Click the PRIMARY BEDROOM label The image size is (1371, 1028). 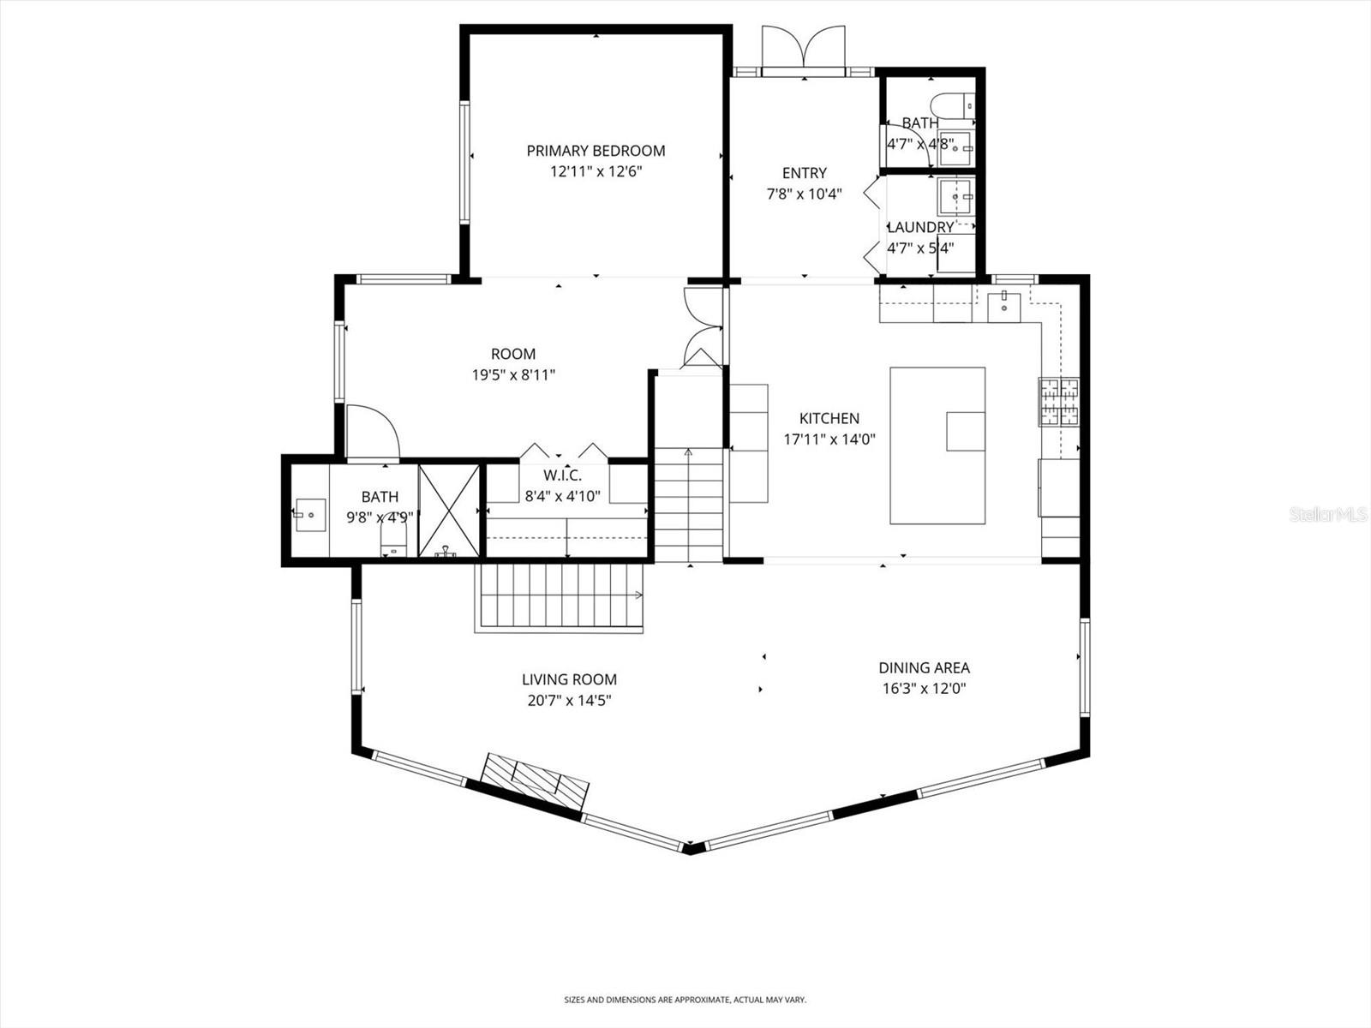tap(596, 151)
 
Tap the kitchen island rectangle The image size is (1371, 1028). tap(937, 445)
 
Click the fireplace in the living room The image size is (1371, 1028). tap(535, 782)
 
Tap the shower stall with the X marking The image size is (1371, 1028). tap(449, 511)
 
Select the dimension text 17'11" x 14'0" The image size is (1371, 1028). tap(829, 439)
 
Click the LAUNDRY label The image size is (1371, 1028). tap(920, 227)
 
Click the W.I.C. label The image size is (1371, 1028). tap(562, 475)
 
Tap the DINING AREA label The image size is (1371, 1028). tap(924, 667)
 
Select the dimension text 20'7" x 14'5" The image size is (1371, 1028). tap(569, 700)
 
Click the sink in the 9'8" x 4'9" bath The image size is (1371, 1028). tap(309, 514)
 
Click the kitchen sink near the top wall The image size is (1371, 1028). tap(1003, 306)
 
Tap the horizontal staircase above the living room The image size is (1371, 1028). tap(560, 597)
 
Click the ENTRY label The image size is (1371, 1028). tap(804, 173)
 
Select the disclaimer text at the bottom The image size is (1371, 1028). tap(685, 1000)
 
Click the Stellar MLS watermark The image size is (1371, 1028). tap(1329, 514)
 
